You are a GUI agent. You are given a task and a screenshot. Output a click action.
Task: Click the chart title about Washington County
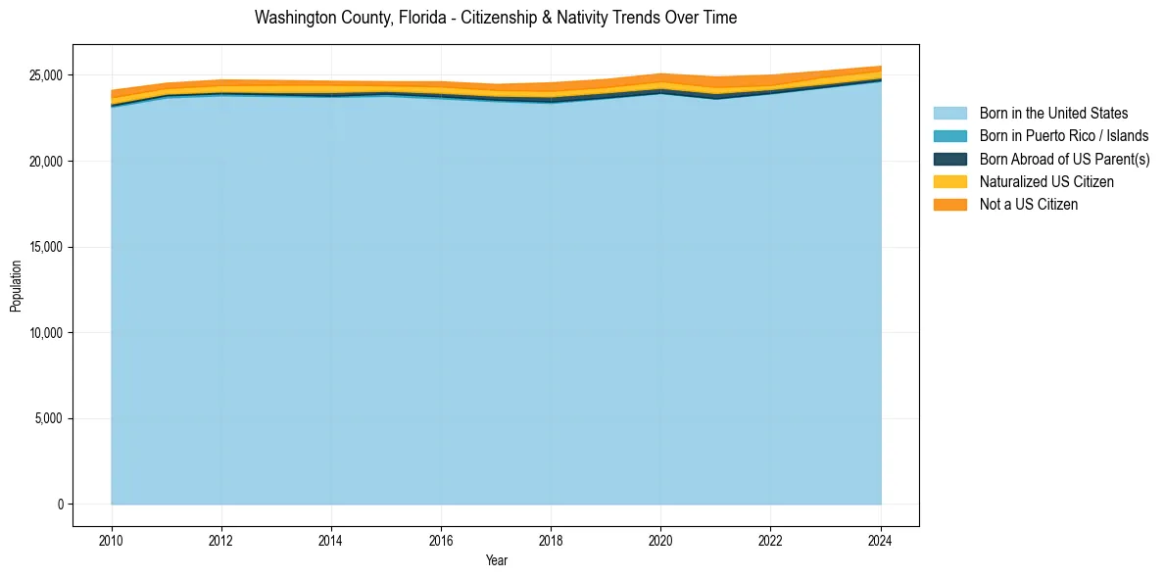click(x=495, y=18)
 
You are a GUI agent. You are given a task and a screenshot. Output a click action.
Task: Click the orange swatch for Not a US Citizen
click(x=949, y=204)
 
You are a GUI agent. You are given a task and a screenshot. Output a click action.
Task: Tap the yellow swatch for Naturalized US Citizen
click(x=949, y=181)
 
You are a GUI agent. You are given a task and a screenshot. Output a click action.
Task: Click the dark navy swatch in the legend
click(x=949, y=159)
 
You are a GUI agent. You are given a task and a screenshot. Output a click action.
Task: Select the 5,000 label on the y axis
click(x=48, y=418)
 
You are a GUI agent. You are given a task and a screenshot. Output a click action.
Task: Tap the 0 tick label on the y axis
click(x=60, y=505)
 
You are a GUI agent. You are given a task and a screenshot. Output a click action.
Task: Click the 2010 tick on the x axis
click(x=112, y=538)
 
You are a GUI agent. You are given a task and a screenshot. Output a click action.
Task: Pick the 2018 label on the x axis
click(x=552, y=538)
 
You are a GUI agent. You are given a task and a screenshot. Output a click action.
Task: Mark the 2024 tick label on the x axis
click(x=881, y=538)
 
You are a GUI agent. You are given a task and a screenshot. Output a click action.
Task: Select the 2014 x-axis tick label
click(x=331, y=538)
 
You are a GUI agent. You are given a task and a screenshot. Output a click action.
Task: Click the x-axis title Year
click(x=496, y=560)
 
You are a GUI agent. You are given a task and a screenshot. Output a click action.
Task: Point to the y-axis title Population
click(x=16, y=286)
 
